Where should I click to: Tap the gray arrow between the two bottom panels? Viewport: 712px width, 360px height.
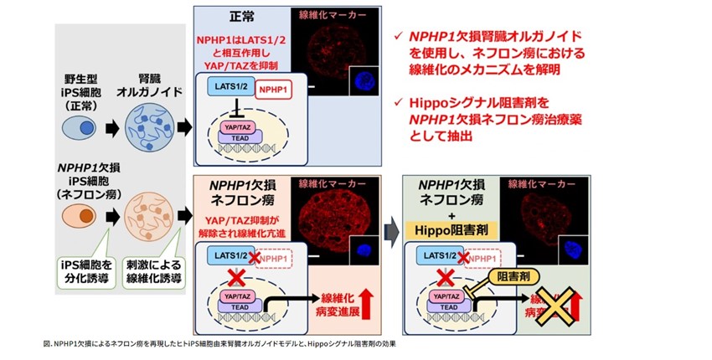pyautogui.click(x=390, y=230)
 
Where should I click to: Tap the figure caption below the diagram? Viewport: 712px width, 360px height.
pyautogui.click(x=218, y=343)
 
